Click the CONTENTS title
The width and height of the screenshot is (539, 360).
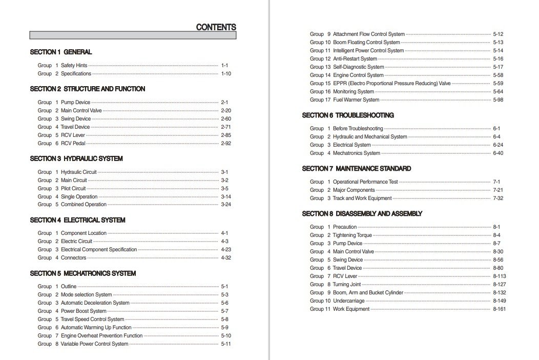coord(216,28)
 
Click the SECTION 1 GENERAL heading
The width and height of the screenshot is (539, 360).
coord(61,52)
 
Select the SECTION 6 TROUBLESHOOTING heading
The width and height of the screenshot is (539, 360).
coord(348,115)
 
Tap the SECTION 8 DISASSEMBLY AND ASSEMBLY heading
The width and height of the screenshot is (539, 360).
coord(362,213)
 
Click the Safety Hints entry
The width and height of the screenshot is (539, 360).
coord(74,66)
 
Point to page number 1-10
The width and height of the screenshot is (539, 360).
coord(226,74)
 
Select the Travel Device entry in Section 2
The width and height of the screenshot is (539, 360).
coord(75,127)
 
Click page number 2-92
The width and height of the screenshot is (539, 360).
coord(226,144)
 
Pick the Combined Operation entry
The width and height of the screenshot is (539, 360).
coord(84,205)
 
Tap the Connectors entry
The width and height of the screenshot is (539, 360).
coord(74,258)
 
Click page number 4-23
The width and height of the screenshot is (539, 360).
coord(226,250)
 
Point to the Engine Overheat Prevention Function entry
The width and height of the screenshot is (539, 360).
coord(101,336)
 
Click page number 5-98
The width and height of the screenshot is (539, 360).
coord(498,100)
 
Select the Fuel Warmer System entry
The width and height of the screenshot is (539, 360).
coord(356,100)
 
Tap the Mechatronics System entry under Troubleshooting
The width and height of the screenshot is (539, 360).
coord(357,153)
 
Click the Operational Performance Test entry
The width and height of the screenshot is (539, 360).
coord(365,182)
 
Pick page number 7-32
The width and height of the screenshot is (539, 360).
coord(498,198)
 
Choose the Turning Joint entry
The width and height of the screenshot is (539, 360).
coord(347,285)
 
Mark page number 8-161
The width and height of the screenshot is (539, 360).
coord(500,309)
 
